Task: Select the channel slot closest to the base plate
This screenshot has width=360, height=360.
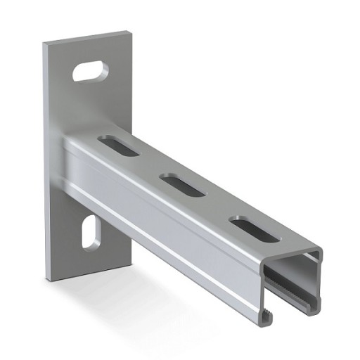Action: (118, 143)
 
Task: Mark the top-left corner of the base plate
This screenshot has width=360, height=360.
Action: (44, 44)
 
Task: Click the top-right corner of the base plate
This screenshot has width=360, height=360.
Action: (131, 32)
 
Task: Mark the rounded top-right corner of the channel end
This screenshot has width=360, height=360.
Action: (319, 252)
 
